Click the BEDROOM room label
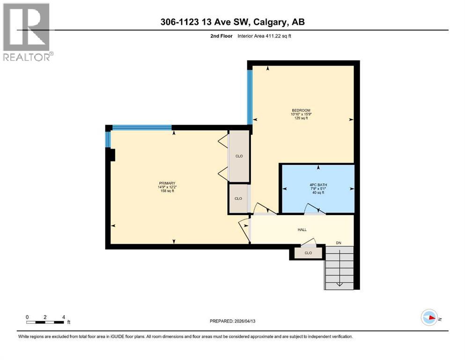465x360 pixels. click(300, 110)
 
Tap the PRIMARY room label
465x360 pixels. click(166, 183)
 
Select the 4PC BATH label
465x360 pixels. click(318, 185)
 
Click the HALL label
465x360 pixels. click(302, 230)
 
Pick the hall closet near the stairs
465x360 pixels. click(308, 253)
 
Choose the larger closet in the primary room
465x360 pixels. click(239, 156)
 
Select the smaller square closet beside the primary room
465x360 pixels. click(238, 199)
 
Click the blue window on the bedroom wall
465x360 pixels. click(250, 97)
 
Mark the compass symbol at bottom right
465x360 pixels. click(429, 317)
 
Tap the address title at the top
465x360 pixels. click(233, 22)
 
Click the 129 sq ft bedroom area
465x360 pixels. click(300, 118)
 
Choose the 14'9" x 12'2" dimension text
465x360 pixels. click(166, 187)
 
